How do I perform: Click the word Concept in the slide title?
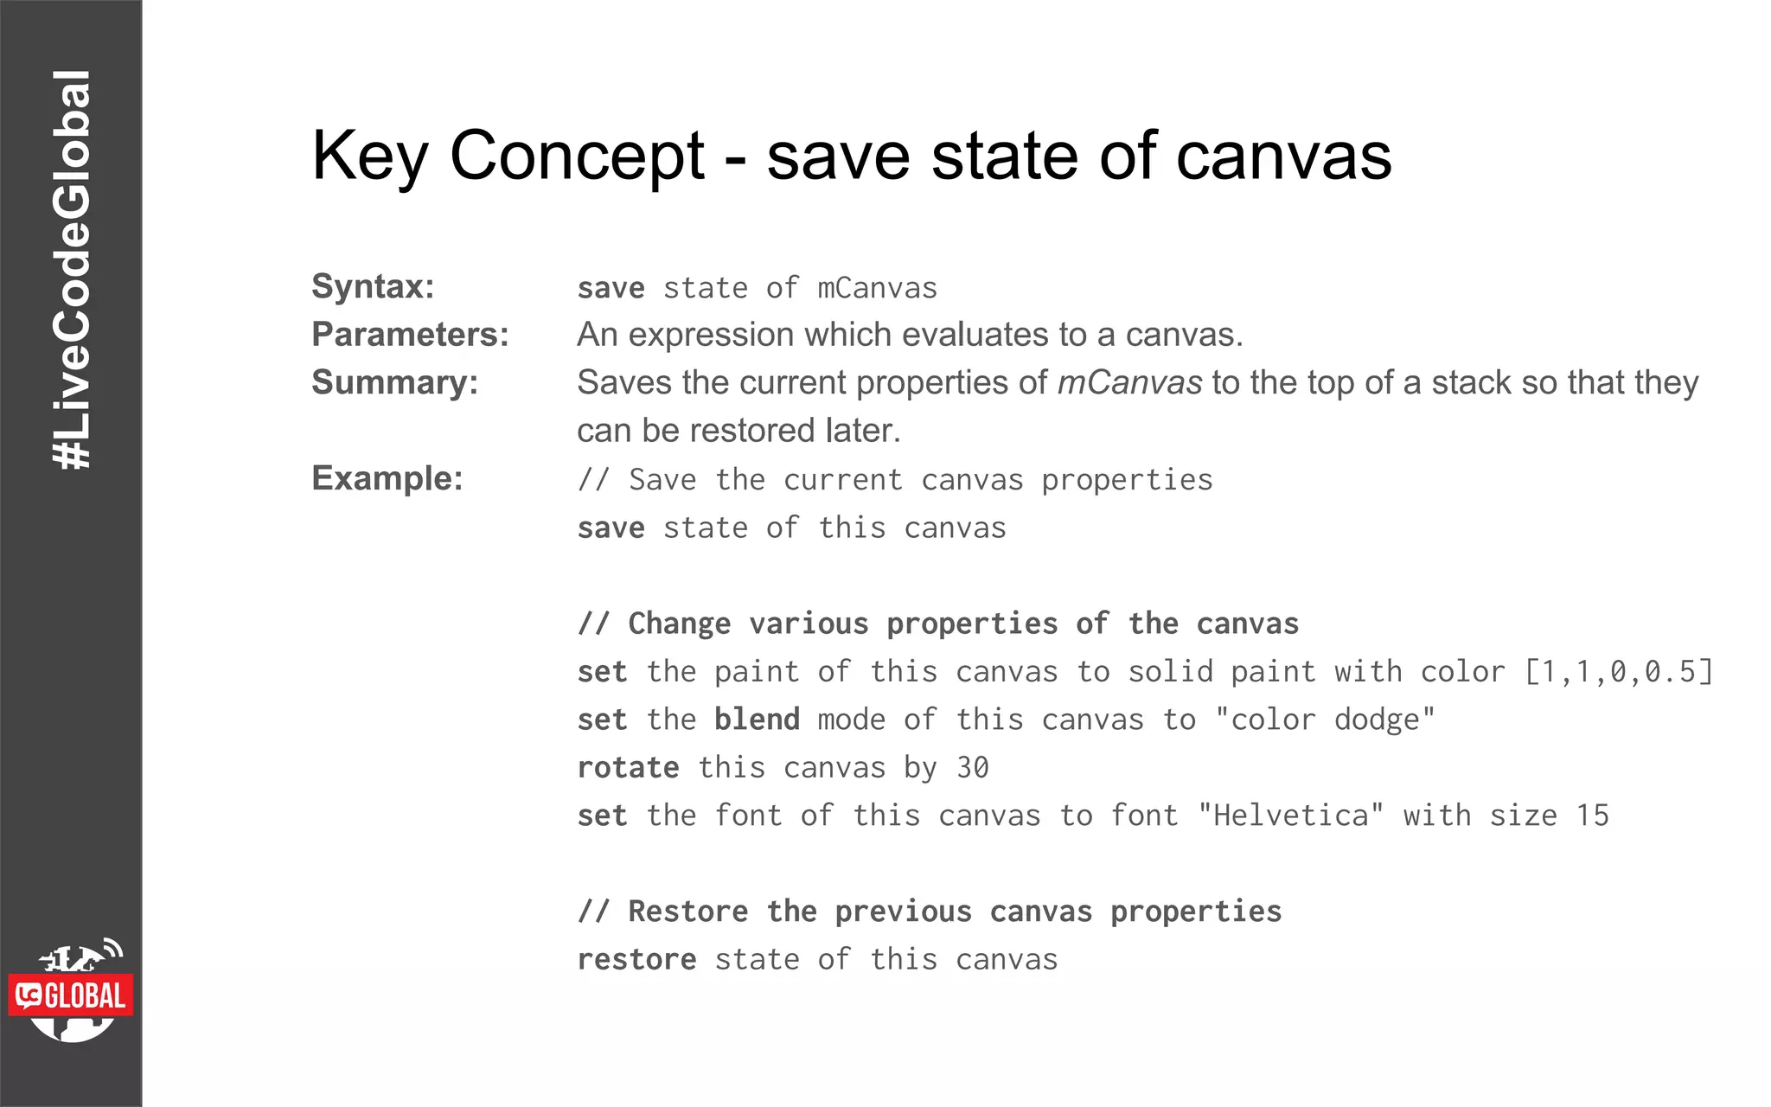click(577, 156)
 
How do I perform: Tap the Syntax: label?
click(373, 286)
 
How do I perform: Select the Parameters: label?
click(410, 335)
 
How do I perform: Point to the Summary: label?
click(394, 382)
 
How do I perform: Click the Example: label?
click(387, 478)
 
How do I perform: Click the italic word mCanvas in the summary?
click(1129, 382)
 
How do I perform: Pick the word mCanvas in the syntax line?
click(877, 288)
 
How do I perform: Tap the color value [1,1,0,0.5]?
click(1618, 672)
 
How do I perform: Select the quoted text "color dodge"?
click(1325, 720)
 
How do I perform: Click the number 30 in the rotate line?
click(972, 768)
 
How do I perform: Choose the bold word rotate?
click(628, 768)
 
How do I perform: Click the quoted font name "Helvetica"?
click(1291, 816)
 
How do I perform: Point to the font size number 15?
click(1592, 816)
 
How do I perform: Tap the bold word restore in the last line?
click(636, 959)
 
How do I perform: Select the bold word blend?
click(757, 720)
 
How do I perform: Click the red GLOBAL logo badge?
click(72, 995)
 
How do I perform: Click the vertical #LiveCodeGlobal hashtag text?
click(71, 270)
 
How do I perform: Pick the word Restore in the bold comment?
click(687, 912)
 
